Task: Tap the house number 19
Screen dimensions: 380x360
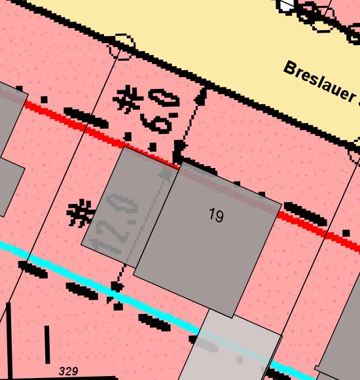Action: pos(217,215)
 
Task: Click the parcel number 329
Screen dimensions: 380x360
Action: pos(68,371)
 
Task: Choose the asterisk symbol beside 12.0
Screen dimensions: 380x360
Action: pos(81,213)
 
